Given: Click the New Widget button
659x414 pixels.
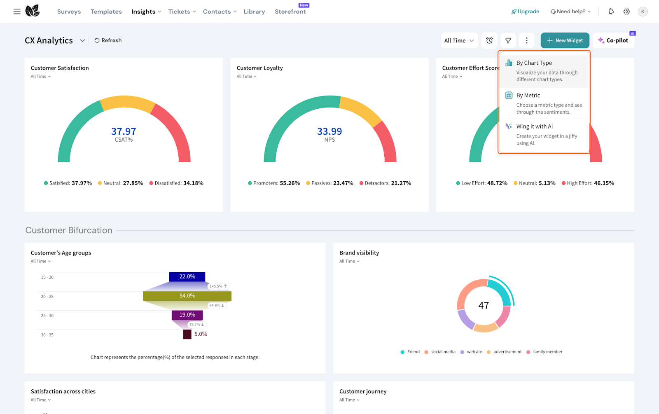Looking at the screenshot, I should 565,40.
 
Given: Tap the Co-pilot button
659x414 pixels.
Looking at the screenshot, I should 613,40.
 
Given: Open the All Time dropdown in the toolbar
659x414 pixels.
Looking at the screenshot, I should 459,40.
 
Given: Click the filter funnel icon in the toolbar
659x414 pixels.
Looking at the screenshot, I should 508,40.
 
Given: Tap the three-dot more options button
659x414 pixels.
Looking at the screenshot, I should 526,40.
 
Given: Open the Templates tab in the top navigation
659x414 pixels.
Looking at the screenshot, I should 106,12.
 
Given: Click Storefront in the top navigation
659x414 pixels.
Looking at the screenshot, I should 290,12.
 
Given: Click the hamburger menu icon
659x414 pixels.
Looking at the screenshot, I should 17,12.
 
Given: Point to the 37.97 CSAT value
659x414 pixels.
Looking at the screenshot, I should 124,131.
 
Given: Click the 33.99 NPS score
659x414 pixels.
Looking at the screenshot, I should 329,131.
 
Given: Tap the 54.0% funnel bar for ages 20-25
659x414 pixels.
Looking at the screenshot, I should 187,296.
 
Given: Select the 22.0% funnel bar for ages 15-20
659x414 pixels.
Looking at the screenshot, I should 187,277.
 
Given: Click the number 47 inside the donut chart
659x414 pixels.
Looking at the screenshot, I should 484,306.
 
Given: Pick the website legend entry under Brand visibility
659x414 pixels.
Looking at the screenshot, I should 472,352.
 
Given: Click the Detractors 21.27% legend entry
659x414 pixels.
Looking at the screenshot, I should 386,183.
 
